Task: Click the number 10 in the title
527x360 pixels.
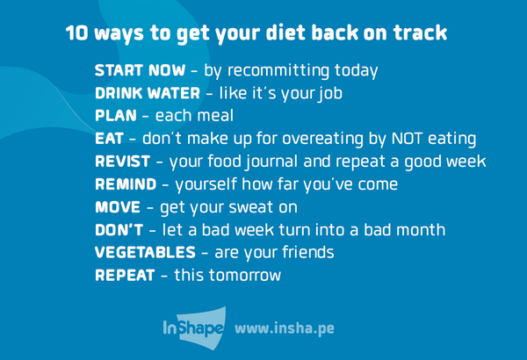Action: click(x=78, y=33)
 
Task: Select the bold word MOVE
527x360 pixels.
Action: click(x=115, y=208)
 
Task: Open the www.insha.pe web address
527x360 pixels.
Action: click(x=285, y=329)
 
